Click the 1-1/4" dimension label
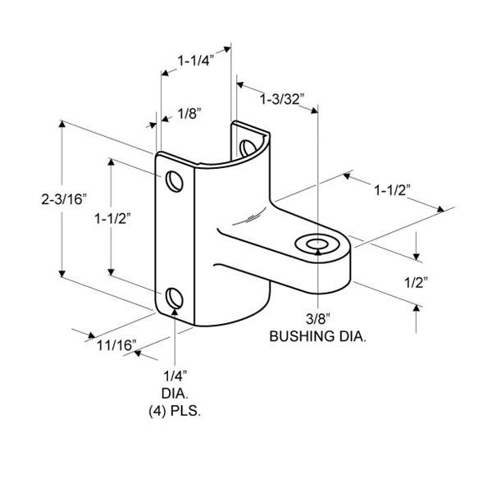point(196,60)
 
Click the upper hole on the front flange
point(174,180)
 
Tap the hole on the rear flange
point(248,147)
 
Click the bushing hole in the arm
point(316,244)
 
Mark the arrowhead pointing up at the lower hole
point(175,313)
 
